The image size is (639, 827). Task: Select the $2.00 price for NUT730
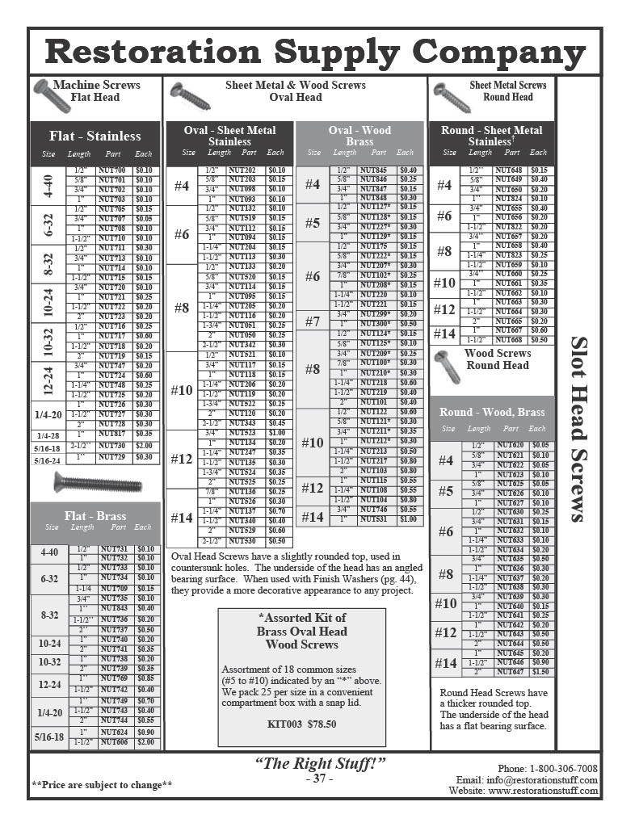[x=145, y=446]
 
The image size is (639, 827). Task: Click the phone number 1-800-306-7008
[x=564, y=768]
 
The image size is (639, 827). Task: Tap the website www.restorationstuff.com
[x=543, y=791]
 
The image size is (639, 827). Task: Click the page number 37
[x=320, y=779]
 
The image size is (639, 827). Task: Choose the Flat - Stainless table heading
[x=95, y=136]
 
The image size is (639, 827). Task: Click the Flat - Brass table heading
[x=95, y=516]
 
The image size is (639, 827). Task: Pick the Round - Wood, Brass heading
[x=492, y=412]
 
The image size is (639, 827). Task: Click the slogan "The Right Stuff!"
[x=320, y=764]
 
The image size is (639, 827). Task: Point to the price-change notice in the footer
[x=102, y=784]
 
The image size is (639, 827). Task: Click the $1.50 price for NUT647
[x=540, y=672]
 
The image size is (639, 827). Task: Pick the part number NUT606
[x=113, y=741]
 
